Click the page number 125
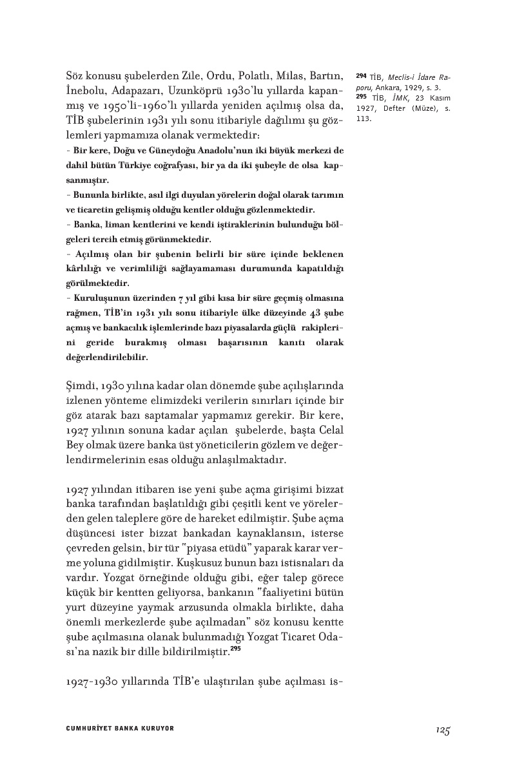point(442,729)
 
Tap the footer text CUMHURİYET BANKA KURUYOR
point(120,729)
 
